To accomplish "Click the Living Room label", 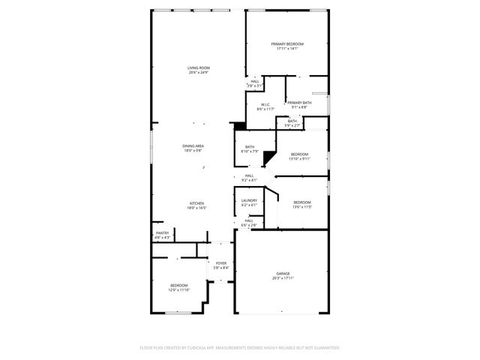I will [199, 68].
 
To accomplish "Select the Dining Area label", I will [193, 145].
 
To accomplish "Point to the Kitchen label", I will [196, 203].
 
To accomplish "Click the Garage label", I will [283, 273].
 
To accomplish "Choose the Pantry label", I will [162, 233].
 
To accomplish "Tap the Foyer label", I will [221, 263].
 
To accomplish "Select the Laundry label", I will [250, 200].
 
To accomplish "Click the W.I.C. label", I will [265, 105].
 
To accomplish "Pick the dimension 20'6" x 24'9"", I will [199, 73].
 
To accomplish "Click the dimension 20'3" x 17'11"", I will [283, 277].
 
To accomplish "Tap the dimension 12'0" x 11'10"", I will [179, 289].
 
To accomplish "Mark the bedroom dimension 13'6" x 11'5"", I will [301, 206].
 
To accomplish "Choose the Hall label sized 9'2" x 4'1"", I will [249, 175].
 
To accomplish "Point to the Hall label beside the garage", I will [249, 220].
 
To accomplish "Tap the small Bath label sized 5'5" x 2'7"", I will [292, 121].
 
